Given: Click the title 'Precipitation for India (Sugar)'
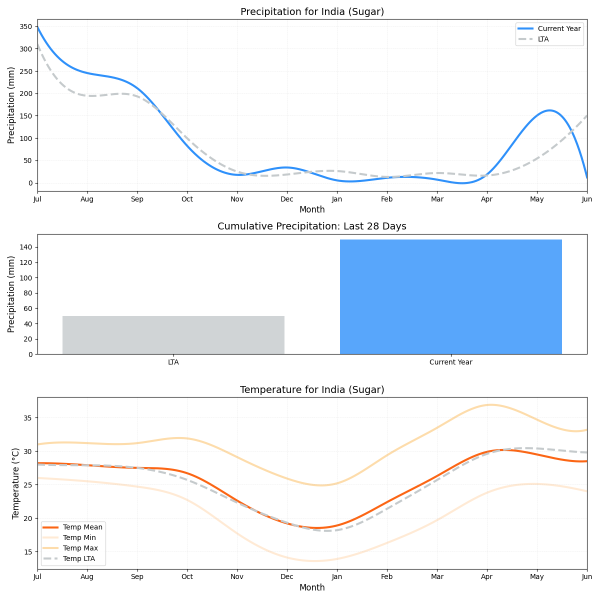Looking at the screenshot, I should coord(312,12).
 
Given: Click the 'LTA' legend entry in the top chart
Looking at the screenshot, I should coord(543,39).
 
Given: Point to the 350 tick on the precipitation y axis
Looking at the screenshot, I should coord(26,27).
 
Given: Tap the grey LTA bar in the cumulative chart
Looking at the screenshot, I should coord(173,335).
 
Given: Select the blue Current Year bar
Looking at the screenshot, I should coord(450,297).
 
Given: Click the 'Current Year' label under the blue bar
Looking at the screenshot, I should coord(450,362).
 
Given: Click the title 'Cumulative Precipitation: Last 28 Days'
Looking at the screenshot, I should coord(312,226).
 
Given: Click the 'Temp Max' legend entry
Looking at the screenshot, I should coord(80,548).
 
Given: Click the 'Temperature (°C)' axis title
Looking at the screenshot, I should coord(16,483).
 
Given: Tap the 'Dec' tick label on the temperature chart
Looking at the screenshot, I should coord(287,576).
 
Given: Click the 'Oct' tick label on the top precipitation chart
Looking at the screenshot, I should coord(187,199).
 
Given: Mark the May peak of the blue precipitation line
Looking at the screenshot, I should coord(549,110).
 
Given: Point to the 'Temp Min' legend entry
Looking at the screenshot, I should coord(79,537).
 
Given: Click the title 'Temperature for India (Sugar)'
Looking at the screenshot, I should coord(312,390).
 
